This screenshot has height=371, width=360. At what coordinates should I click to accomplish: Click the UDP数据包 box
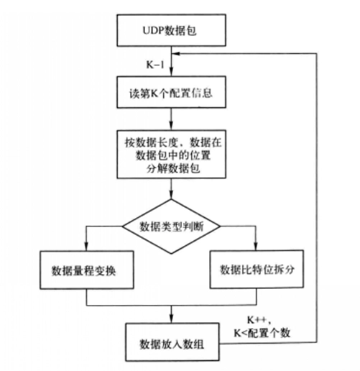click(x=171, y=30)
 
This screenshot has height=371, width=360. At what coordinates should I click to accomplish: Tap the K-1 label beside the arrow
click(x=155, y=65)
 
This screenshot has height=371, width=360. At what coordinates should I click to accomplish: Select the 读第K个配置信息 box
click(x=171, y=92)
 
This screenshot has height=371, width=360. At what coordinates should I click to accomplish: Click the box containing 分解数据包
click(x=171, y=155)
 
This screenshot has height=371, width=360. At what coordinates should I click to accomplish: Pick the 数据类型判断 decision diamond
click(x=171, y=226)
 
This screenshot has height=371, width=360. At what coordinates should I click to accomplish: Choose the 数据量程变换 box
click(x=87, y=270)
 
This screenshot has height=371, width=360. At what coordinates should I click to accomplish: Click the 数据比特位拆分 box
click(x=257, y=269)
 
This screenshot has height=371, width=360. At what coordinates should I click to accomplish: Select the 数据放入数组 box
click(x=172, y=342)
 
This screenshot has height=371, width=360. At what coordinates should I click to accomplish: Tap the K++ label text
click(x=259, y=320)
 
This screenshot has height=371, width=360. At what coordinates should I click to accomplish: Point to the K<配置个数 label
click(x=262, y=333)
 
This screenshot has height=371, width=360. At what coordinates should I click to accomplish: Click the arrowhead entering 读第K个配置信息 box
click(x=171, y=73)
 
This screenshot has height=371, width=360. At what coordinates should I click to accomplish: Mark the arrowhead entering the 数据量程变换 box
click(x=86, y=247)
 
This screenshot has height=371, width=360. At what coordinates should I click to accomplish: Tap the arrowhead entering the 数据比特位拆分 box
click(x=256, y=247)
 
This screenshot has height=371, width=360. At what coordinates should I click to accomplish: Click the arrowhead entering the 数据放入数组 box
click(x=171, y=320)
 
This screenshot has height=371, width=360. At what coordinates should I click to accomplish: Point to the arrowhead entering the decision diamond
click(x=171, y=196)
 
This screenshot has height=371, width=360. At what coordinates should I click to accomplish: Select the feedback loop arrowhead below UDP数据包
click(x=176, y=54)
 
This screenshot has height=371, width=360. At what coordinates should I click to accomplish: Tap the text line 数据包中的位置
click(x=173, y=155)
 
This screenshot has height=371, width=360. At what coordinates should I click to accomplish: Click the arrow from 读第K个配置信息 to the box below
click(x=171, y=119)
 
